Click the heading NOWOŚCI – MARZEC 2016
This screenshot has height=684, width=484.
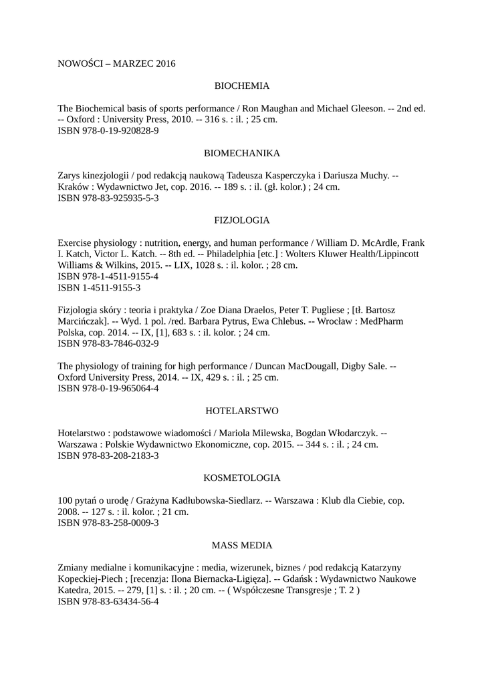[116, 64]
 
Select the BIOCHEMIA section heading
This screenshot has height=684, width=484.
[241, 86]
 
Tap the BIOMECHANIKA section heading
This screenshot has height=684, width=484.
[241, 153]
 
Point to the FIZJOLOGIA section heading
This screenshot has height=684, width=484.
[241, 220]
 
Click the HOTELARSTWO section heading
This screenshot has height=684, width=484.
[241, 410]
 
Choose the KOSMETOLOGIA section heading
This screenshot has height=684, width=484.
[241, 478]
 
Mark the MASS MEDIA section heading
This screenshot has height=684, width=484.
[241, 545]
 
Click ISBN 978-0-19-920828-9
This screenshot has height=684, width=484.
[108, 131]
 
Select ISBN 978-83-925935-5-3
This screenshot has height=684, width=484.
[108, 198]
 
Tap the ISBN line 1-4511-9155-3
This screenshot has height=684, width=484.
[99, 288]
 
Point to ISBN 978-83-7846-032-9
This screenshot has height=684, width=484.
[108, 344]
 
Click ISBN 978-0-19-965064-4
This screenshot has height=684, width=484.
[108, 389]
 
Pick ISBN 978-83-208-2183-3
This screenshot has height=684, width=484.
[108, 456]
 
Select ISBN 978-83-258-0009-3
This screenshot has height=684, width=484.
[108, 523]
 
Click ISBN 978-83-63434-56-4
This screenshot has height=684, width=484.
[108, 602]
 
